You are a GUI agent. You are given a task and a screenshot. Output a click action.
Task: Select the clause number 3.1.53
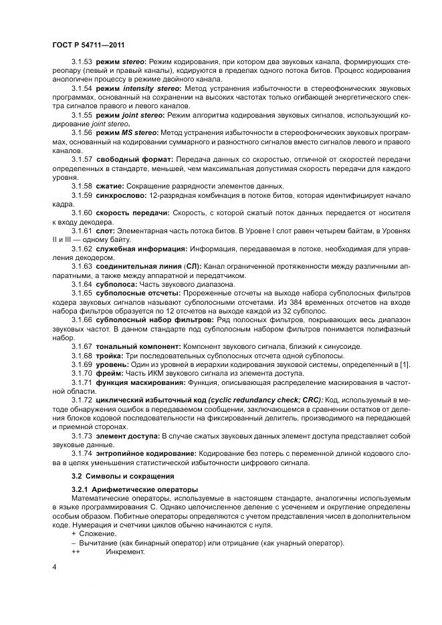point(82,61)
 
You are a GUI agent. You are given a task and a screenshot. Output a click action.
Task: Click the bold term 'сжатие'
point(110,185)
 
